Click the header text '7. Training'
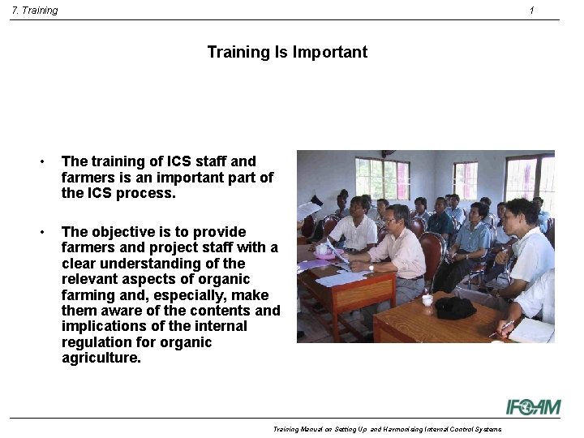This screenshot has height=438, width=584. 35,11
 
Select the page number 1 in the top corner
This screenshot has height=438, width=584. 531,11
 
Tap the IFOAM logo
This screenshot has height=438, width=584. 533,406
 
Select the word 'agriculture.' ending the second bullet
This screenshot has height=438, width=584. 101,358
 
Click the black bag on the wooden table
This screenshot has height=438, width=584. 455,307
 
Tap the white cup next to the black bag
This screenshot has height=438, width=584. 427,300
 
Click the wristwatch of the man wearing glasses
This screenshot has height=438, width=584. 371,267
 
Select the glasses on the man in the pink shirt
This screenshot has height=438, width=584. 392,219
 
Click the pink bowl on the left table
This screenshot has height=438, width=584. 327,251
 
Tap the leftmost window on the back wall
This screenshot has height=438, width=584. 382,178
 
